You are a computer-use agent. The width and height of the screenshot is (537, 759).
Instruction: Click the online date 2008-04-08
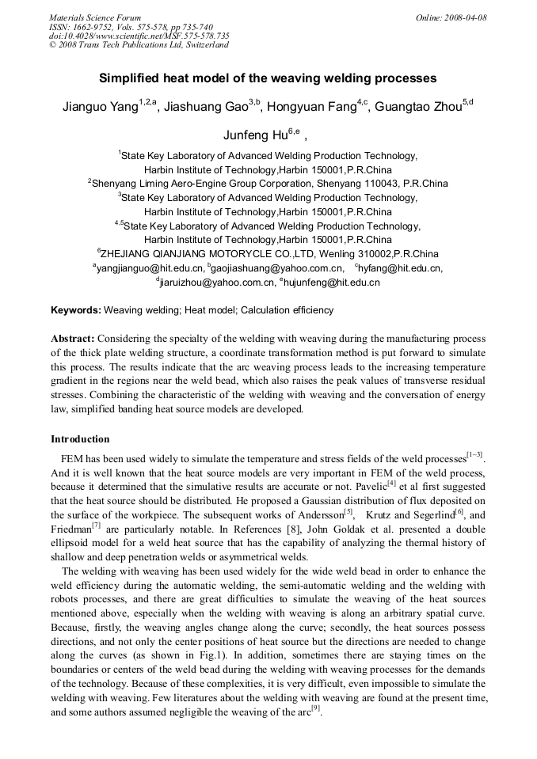466,17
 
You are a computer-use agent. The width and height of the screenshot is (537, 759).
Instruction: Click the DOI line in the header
139,36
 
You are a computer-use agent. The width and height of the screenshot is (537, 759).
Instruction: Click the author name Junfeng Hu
252,135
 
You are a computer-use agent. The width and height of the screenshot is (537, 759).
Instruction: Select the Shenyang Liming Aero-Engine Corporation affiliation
269,183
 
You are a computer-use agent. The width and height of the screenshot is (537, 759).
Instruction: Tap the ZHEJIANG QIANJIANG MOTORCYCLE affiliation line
269,254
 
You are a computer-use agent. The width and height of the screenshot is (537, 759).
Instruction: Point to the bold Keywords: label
76,310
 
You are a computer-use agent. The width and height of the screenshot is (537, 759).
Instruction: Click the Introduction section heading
80,439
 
